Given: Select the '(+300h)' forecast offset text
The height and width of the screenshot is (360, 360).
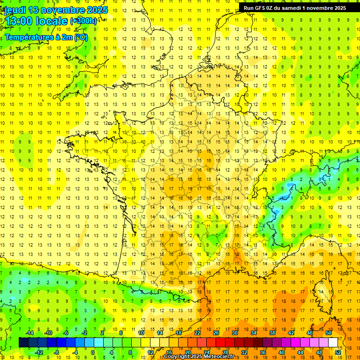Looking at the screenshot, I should pyautogui.click(x=83, y=21).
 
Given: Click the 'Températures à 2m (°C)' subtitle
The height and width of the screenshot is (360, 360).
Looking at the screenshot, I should pyautogui.click(x=46, y=37).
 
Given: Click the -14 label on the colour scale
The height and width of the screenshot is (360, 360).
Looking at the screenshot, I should pyautogui.click(x=29, y=333).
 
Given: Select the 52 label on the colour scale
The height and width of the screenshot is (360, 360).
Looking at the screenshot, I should pyautogui.click(x=338, y=352).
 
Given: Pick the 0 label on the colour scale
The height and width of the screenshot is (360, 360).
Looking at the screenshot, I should pyautogui.click(x=93, y=352).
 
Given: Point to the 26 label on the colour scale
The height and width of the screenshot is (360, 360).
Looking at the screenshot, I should pyautogui.click(x=216, y=333).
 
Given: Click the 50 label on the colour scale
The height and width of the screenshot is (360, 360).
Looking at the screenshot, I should pyautogui.click(x=329, y=333).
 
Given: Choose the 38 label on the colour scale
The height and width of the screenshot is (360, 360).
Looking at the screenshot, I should pyautogui.click(x=272, y=333).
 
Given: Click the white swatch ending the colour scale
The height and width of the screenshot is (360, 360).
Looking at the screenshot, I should pyautogui.click(x=333, y=342).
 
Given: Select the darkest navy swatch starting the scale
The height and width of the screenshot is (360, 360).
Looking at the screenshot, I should pyautogui.click(x=24, y=342).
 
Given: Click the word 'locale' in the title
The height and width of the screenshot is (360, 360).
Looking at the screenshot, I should pyautogui.click(x=52, y=21).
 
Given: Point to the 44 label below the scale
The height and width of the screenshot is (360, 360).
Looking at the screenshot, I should pyautogui.click(x=300, y=352).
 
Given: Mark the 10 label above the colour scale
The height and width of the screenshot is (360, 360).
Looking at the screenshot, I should pyautogui.click(x=141, y=333).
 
